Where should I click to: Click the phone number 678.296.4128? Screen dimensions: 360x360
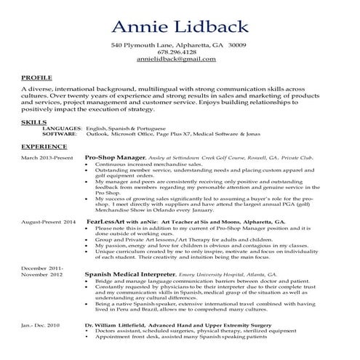click(x=179, y=52)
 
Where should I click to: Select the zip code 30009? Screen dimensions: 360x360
click(x=237, y=45)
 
